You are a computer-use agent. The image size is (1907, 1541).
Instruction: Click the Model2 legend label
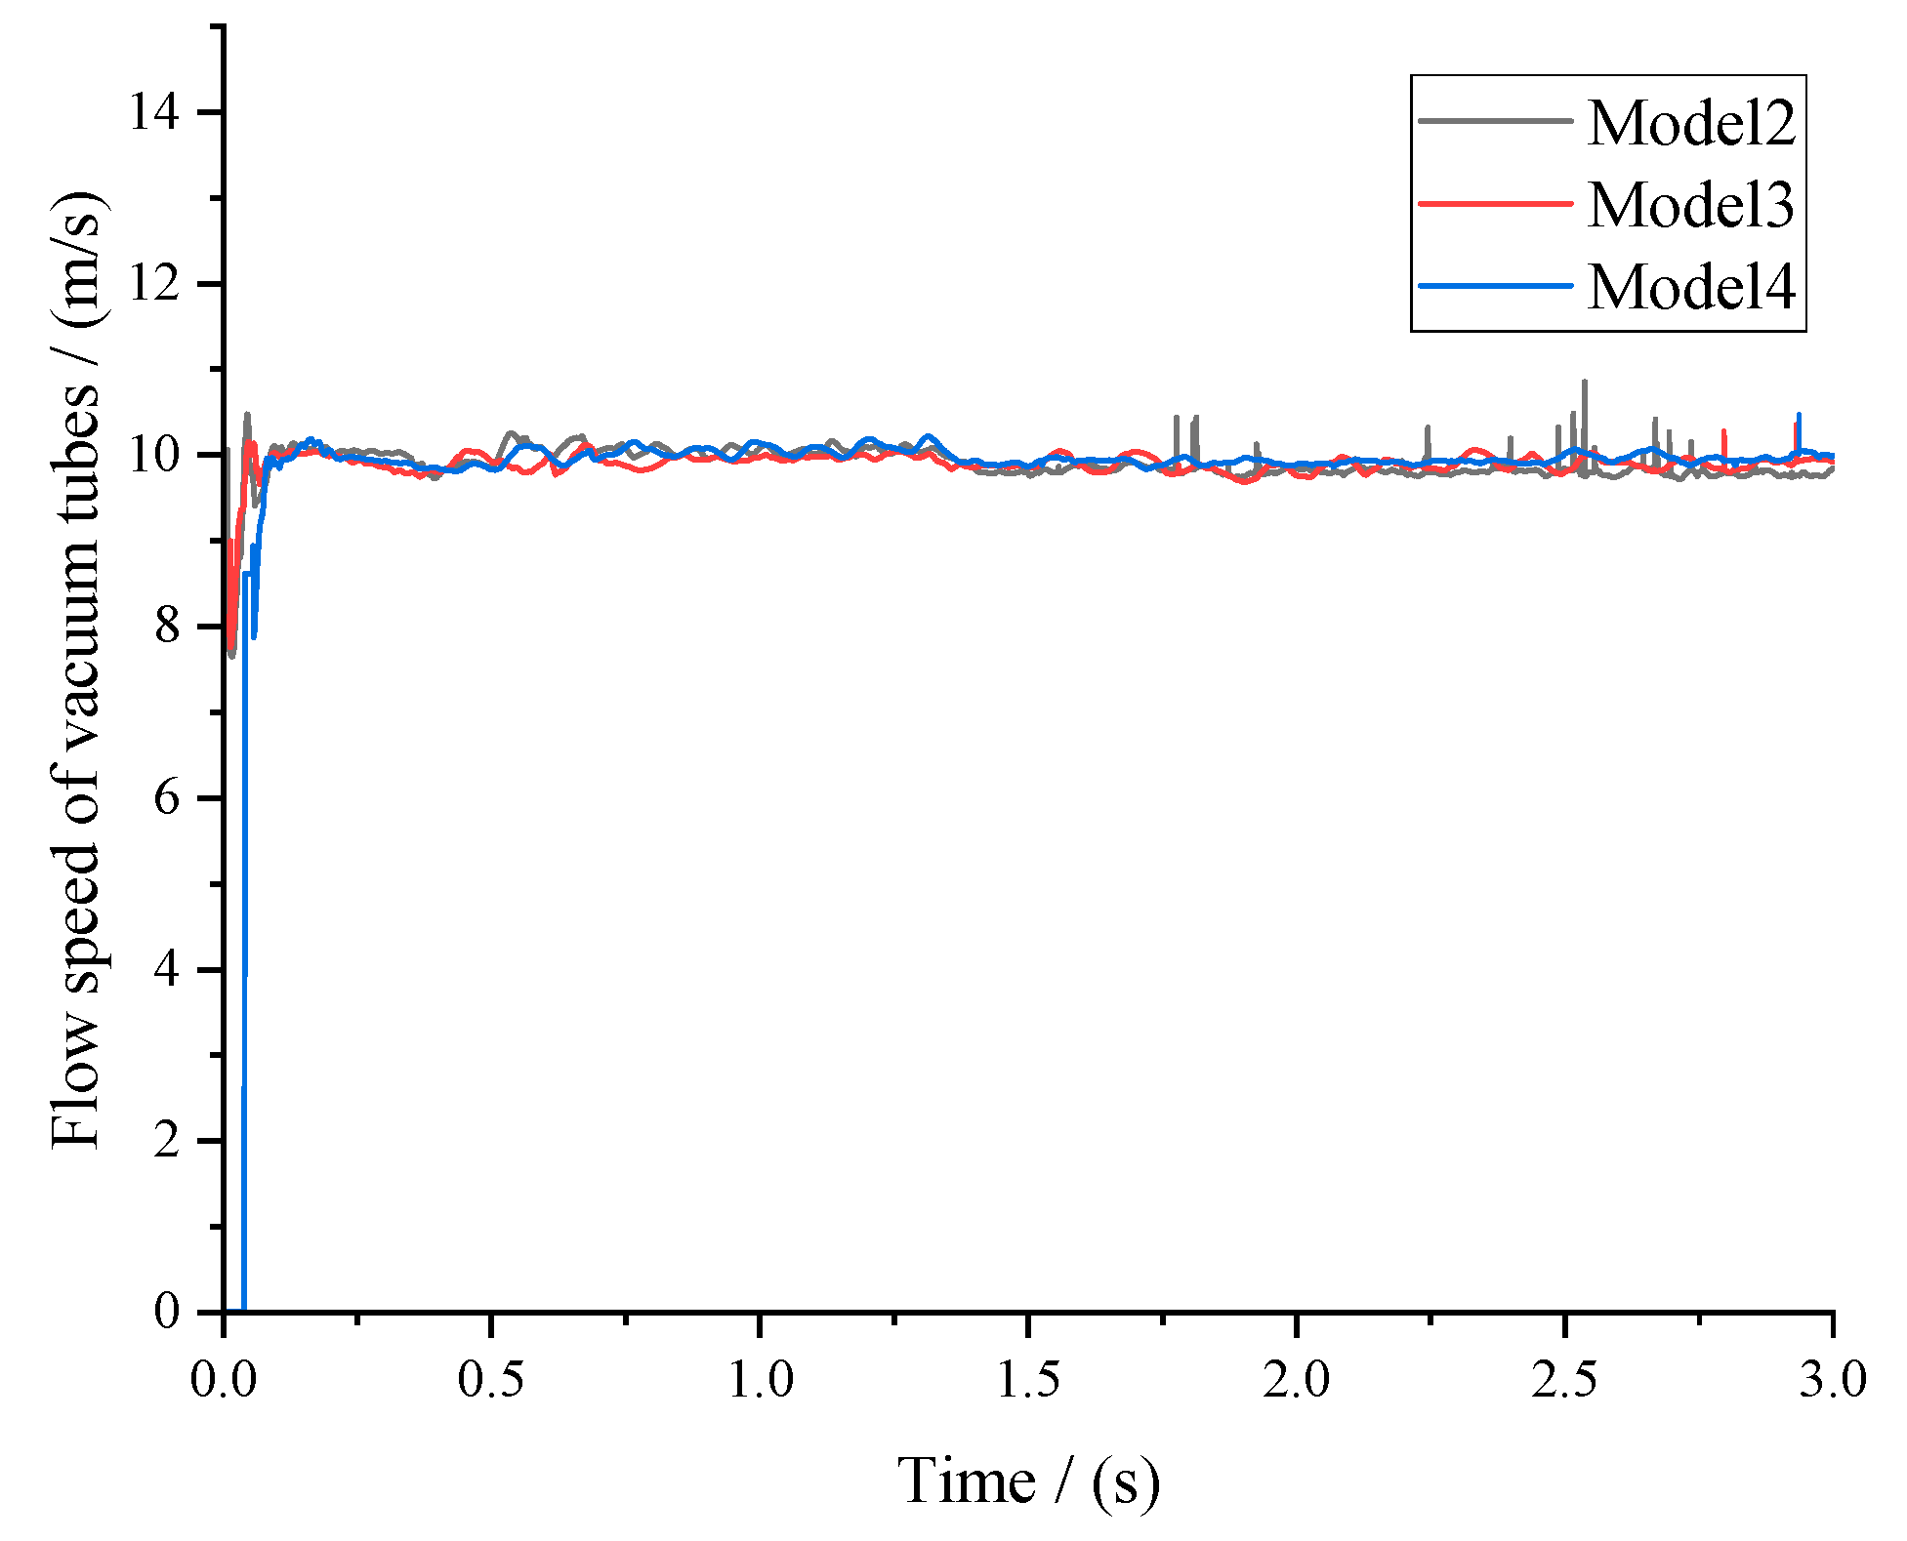[1690, 123]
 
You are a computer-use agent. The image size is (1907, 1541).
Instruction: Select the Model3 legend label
[1690, 205]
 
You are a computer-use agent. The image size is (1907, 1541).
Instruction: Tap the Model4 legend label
[1690, 287]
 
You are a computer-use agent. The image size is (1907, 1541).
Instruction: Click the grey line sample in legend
[1495, 121]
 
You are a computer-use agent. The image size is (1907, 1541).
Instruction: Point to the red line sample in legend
[1495, 203]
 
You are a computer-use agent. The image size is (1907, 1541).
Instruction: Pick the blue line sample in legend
[1495, 286]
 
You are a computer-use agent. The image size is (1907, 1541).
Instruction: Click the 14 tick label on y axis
[155, 112]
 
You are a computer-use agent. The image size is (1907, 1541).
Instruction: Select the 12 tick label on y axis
[155, 284]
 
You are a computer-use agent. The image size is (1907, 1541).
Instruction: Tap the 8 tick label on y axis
[167, 627]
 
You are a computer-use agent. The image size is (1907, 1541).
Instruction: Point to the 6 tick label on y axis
[167, 798]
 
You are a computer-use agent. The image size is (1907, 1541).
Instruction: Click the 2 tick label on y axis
[167, 1141]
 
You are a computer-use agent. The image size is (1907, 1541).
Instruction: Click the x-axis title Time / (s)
[1028, 1481]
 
